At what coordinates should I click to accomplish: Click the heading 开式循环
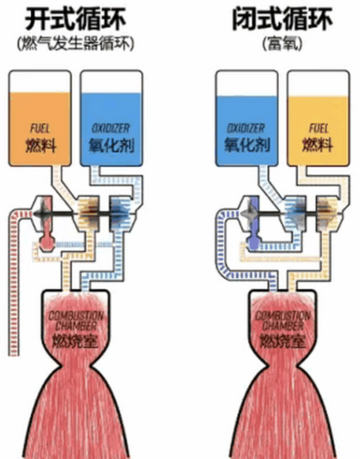point(75,19)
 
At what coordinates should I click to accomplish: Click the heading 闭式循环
point(283,19)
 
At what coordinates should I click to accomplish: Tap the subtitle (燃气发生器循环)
point(76,44)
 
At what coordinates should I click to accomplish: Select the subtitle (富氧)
point(282,44)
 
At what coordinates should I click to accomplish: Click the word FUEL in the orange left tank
point(40,128)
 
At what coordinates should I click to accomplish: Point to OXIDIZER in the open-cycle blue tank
point(110,128)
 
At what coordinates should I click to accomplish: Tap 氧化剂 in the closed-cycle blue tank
point(247,144)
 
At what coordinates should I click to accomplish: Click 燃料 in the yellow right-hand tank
point(318,144)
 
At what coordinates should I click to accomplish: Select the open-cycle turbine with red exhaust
point(44,214)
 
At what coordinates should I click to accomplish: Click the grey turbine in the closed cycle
point(250,214)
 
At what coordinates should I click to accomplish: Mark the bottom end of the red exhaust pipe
point(12,355)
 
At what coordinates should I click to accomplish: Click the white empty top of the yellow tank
point(318,84)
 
